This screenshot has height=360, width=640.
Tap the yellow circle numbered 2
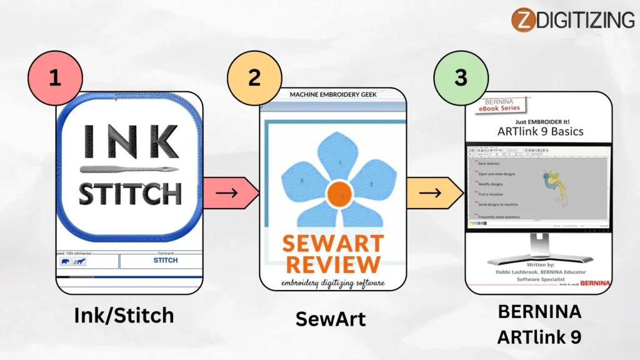point(254,77)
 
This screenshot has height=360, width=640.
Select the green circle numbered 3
point(461,77)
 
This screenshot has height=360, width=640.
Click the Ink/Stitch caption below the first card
point(124,316)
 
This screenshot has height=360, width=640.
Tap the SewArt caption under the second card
point(330,319)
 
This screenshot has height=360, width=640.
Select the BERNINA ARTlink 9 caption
point(539,324)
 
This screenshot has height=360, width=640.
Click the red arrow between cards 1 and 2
point(231,192)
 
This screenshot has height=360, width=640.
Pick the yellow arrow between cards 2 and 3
point(434,192)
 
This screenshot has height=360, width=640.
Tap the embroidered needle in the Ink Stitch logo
point(128,169)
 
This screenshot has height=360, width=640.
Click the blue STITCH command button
point(165,260)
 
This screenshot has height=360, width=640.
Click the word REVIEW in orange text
point(332,262)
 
